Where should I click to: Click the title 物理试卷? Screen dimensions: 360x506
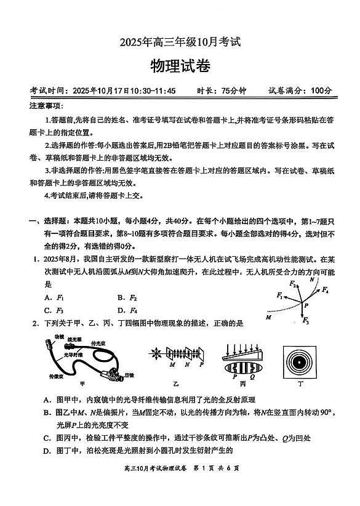point(179,66)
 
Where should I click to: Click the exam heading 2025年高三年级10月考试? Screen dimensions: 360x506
point(180,42)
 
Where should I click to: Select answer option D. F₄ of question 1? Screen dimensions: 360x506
point(127,310)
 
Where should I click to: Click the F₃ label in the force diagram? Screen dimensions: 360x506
point(306,321)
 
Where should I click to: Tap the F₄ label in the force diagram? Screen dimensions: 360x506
point(324,289)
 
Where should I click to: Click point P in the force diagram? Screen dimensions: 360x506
point(306,305)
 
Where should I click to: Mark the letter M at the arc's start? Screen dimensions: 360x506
point(268,318)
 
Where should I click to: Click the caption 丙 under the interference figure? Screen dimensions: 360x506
point(242,383)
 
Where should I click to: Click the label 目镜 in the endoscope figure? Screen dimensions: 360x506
point(129,374)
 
